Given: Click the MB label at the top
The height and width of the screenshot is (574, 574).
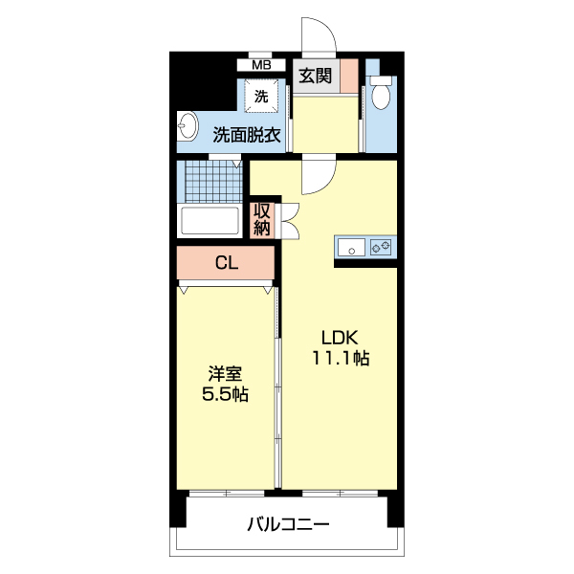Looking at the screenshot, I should (x=261, y=65).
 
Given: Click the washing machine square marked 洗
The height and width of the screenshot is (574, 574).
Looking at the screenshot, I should (x=261, y=96).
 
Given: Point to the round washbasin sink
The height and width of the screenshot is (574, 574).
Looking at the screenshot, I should (x=187, y=128).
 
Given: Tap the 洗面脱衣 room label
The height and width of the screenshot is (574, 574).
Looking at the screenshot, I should (x=246, y=136).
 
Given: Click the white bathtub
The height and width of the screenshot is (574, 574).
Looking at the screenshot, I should (x=210, y=221).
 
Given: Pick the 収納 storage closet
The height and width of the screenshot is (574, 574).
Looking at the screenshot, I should (x=262, y=219).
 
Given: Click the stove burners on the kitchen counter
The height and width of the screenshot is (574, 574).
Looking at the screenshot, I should (x=382, y=248).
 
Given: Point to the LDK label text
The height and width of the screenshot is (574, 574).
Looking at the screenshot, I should (x=339, y=338).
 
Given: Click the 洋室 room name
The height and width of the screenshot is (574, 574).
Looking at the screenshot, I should (x=226, y=372).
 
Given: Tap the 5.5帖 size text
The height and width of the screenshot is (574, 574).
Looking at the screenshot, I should (x=226, y=393).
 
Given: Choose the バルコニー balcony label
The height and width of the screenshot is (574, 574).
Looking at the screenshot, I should (x=288, y=524).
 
